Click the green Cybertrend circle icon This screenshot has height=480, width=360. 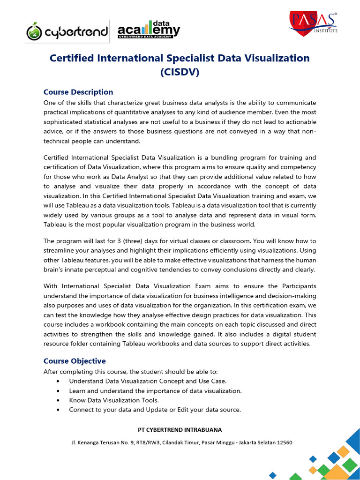[35, 31]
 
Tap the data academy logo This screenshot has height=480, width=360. [149, 30]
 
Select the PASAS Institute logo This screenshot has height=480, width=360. [313, 24]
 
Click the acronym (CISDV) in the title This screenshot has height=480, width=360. [180, 73]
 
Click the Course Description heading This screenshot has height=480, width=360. [78, 92]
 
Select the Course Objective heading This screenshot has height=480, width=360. [75, 361]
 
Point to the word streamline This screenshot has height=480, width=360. [61, 250]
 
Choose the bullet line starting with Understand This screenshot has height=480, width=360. [148, 381]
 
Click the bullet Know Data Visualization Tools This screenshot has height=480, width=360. [114, 400]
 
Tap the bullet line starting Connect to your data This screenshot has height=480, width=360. [155, 410]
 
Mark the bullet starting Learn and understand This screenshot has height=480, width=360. [155, 390]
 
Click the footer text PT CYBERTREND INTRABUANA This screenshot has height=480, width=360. [180, 430]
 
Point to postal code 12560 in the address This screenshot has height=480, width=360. [284, 442]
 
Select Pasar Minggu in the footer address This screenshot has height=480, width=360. [223, 442]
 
